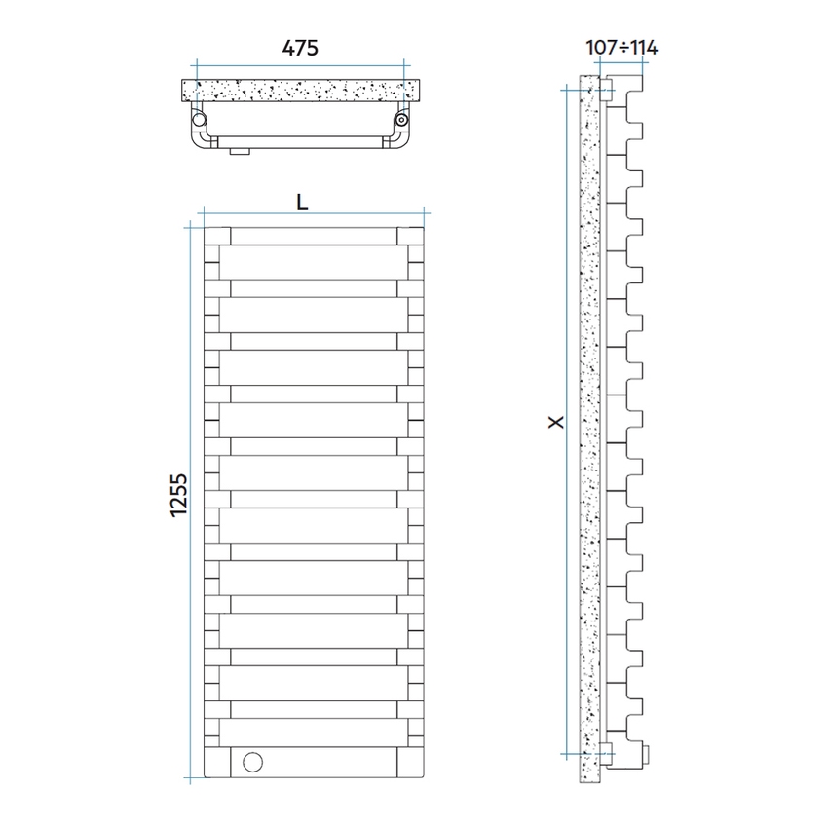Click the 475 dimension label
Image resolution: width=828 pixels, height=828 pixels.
pos(300,48)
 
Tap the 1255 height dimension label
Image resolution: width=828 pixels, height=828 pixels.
pos(179,495)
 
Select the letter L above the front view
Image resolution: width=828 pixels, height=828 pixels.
pos(302,203)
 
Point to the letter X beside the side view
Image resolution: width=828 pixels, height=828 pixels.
pos(556,422)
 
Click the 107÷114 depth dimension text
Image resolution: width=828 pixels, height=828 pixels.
pos(621,48)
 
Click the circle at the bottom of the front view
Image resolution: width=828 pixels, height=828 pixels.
pos(253,762)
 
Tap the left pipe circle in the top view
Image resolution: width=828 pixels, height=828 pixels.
pos(199,120)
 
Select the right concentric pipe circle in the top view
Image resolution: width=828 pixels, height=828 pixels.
pos(402,120)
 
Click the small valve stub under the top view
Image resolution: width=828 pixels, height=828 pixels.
pos(240,152)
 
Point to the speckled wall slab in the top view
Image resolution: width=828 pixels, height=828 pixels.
pos(300,91)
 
